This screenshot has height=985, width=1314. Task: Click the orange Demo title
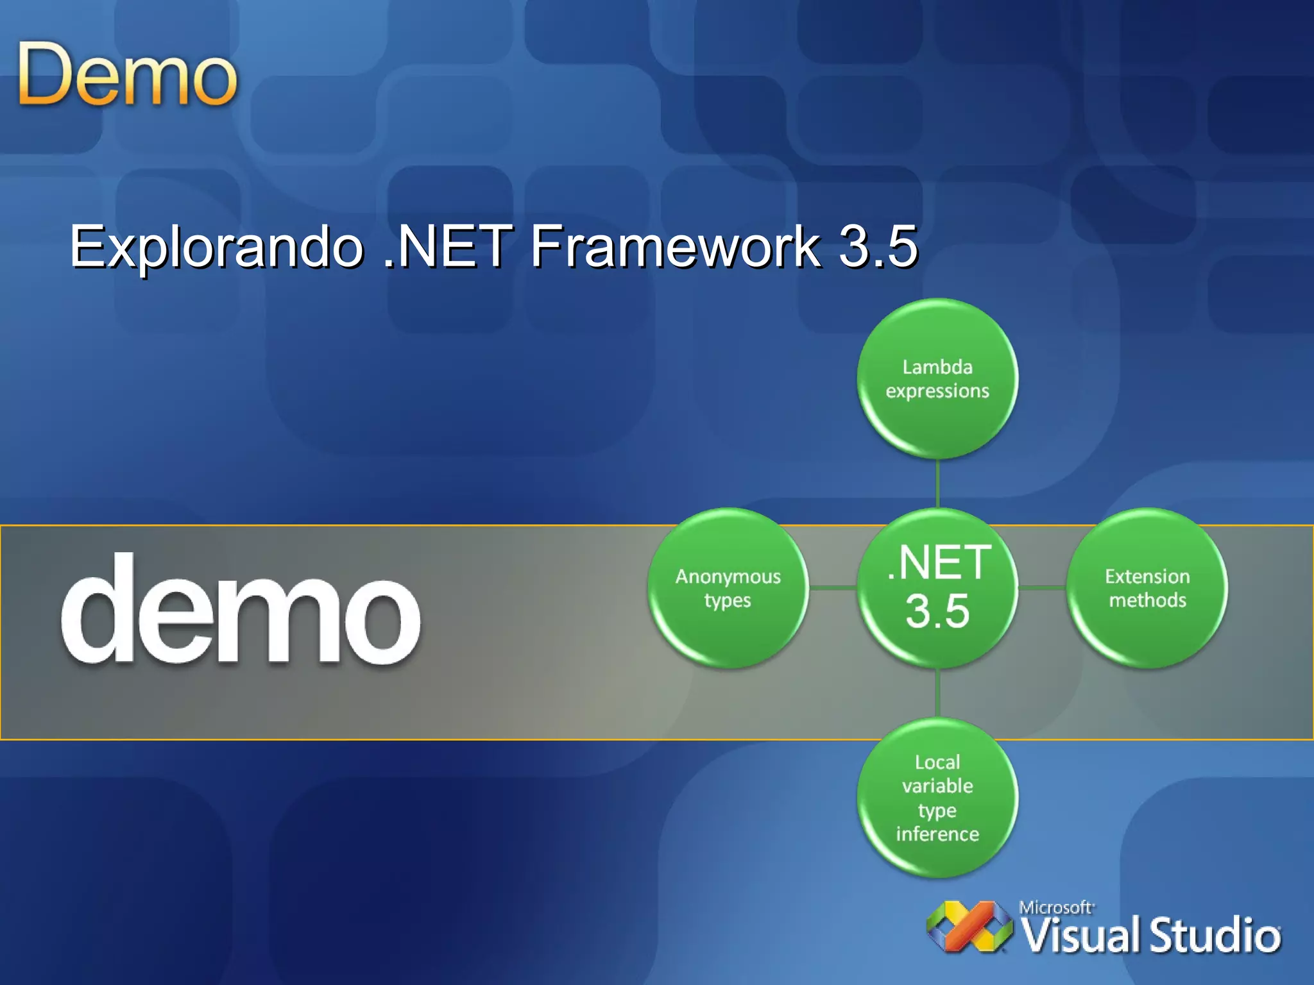[127, 75]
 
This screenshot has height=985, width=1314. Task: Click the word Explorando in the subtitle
[216, 247]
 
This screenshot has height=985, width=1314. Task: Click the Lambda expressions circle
[937, 378]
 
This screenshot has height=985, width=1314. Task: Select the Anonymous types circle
[728, 588]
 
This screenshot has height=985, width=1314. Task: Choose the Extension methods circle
[1147, 588]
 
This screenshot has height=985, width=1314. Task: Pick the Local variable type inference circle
[937, 798]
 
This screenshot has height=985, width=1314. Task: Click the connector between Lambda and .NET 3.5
[937, 484]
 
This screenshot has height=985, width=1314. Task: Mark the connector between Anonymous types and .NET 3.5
[833, 587]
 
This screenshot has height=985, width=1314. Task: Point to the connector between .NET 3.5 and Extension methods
[1043, 587]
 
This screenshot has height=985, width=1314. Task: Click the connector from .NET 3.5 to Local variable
[937, 693]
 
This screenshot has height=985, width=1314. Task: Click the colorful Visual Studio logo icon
[969, 927]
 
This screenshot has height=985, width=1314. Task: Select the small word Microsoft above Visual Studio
[1056, 907]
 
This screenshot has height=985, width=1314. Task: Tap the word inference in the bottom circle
[937, 834]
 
